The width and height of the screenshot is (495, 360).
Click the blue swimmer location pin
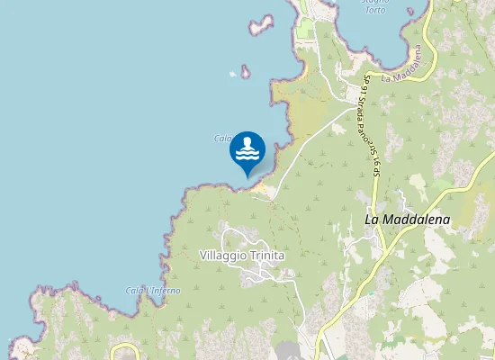coord(247,152)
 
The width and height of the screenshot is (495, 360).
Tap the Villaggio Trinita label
coord(241,256)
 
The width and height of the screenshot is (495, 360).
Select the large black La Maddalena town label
coord(407,219)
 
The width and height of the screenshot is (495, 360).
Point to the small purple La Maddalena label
coord(409,76)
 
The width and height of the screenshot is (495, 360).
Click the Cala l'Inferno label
coord(153,290)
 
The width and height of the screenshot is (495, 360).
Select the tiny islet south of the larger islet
coord(245,72)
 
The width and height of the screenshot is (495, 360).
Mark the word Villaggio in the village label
coord(220,256)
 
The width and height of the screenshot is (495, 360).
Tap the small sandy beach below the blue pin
coord(262,188)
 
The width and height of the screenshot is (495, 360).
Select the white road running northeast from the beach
coord(306,148)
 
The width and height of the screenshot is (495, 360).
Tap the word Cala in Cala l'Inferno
coord(136,290)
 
